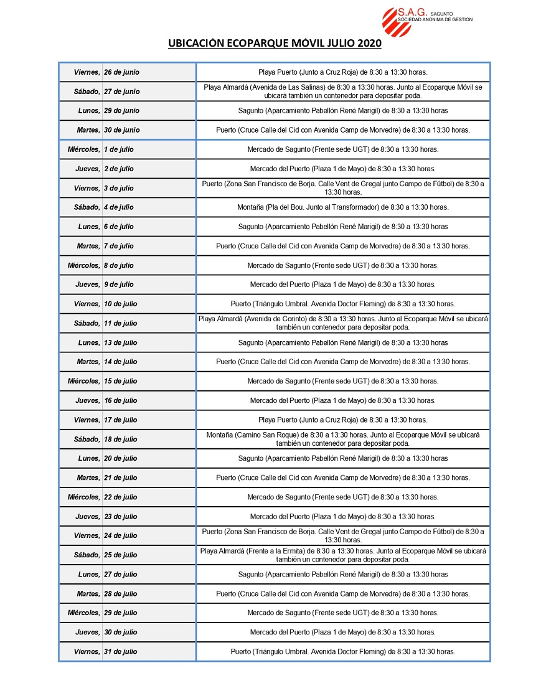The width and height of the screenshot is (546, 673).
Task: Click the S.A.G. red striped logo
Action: point(397,22)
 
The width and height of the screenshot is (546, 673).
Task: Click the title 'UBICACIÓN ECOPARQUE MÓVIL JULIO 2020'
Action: point(275,44)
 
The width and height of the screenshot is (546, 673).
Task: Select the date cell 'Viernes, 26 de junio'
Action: point(106,72)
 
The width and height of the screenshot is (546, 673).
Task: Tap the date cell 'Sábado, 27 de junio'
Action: point(106,92)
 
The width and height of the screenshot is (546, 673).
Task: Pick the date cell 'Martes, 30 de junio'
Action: point(106,130)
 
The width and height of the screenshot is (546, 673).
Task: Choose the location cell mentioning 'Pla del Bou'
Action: point(342,207)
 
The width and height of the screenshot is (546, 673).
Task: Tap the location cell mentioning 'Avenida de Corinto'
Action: point(342,323)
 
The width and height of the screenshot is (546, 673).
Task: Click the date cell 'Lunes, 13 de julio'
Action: point(106,342)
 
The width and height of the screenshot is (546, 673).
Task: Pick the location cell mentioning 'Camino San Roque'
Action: point(342,439)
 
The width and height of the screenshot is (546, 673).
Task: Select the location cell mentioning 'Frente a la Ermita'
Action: point(342,555)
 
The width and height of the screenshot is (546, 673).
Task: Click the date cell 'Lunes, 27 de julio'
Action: point(106,574)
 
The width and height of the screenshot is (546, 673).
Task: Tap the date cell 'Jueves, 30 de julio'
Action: point(106,632)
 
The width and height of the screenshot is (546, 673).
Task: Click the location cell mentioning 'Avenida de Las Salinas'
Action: point(342,92)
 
